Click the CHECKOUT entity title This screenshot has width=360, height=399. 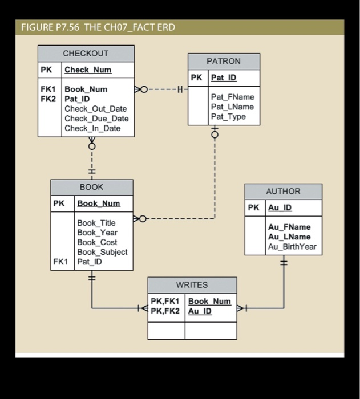tap(86, 54)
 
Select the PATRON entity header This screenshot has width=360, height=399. tap(224, 61)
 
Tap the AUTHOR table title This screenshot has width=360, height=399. tap(283, 192)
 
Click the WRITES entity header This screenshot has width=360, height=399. tap(192, 284)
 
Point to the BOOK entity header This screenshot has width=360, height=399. tap(91, 187)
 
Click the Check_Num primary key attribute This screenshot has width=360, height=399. tap(88, 70)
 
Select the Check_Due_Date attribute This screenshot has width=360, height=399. tap(96, 119)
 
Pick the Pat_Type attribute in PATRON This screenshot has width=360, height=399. tap(228, 117)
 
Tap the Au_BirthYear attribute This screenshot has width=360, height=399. tap(292, 247)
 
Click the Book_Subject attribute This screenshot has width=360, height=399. tap(102, 252)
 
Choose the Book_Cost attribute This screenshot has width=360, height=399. tap(97, 242)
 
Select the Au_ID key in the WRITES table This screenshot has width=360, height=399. tap(200, 311)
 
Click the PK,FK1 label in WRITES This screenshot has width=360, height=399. tap(165, 301)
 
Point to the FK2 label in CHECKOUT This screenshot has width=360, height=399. tap(48, 99)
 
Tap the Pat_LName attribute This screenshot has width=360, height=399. tap(232, 107)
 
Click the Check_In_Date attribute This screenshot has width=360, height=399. tap(92, 128)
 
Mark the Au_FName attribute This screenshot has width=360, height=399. tap(289, 227)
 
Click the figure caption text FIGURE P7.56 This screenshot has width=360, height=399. tap(50, 27)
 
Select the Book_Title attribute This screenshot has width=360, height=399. tap(96, 223)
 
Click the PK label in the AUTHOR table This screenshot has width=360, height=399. tap(254, 208)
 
